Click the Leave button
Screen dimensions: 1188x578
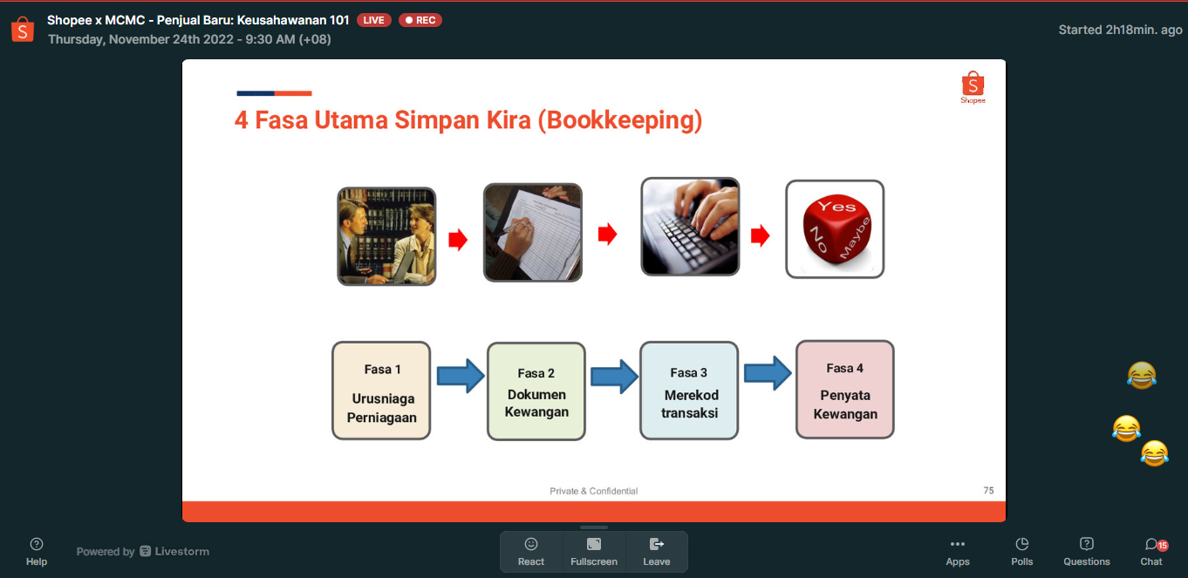pos(656,552)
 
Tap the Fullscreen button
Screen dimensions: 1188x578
pos(594,552)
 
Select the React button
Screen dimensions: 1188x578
pos(531,552)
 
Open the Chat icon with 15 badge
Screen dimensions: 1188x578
pos(1151,552)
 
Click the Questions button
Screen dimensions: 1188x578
pos(1086,552)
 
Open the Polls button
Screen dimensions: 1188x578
pos(1021,552)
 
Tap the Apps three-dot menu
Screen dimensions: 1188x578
pos(958,552)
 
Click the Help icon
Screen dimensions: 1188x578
pos(37,552)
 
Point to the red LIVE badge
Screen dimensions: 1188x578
pos(374,20)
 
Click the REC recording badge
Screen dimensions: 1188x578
pos(420,20)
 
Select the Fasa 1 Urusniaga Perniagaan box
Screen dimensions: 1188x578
pos(381,391)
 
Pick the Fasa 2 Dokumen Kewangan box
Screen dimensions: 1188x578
pos(536,391)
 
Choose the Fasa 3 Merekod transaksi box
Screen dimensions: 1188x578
pos(689,391)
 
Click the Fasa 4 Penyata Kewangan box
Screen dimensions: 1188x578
pos(845,390)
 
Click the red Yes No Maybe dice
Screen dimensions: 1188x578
pos(836,229)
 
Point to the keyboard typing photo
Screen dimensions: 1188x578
pos(690,227)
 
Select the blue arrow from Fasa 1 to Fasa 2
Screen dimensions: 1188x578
pos(461,376)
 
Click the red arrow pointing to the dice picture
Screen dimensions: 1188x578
pos(760,235)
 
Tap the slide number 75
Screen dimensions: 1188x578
pos(988,491)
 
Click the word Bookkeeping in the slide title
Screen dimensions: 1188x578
pos(620,120)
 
